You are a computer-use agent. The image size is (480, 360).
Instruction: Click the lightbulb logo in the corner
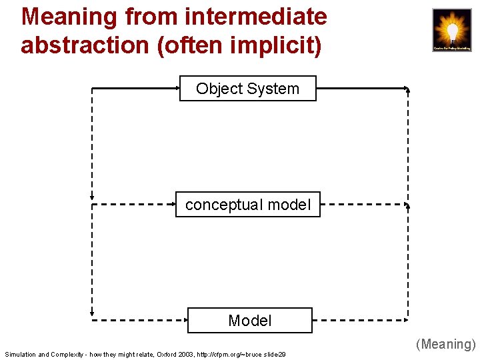(451, 30)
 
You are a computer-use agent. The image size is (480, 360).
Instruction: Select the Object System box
(247, 88)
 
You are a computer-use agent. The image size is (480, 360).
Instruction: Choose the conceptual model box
(247, 205)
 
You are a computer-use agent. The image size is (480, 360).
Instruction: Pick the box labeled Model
(249, 320)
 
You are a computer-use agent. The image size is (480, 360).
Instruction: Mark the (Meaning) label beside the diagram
(446, 344)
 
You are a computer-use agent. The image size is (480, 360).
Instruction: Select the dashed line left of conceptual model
(133, 205)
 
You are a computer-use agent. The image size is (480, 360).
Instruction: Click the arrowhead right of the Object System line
(407, 89)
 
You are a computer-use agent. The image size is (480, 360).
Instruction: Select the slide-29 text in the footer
(274, 355)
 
